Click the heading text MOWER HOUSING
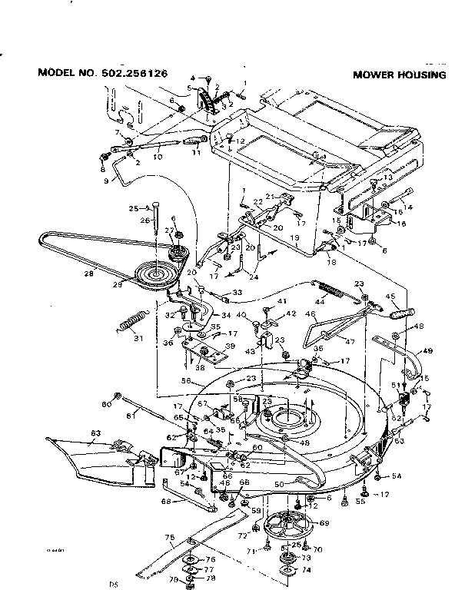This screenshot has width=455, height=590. tap(400, 75)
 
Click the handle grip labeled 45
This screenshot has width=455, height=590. tap(404, 313)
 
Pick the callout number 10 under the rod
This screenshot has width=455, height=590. tap(158, 157)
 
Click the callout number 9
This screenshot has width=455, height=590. tap(106, 181)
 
